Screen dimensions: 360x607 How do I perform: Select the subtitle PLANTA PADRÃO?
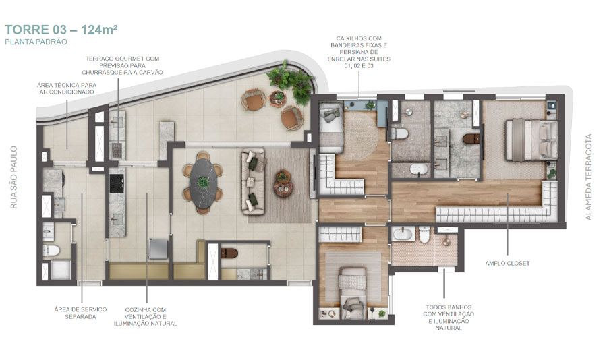pos(37,42)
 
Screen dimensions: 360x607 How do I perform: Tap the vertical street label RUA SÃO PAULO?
pos(14,177)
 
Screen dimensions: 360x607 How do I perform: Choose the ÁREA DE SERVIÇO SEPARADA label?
pos(80,313)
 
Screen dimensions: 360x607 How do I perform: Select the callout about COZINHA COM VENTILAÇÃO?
pos(146,316)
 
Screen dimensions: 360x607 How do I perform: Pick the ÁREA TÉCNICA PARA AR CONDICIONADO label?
pos(66,88)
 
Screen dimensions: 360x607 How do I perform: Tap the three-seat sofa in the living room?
pos(253,179)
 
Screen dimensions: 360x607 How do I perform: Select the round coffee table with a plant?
pos(282,181)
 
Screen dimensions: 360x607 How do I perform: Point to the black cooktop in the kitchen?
pos(117,181)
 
